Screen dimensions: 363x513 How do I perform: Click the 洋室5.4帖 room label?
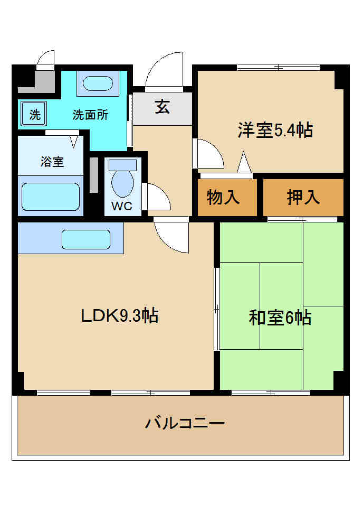tap(275, 130)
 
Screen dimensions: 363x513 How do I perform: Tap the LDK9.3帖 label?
tap(120, 316)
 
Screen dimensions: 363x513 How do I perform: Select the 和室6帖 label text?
tap(280, 318)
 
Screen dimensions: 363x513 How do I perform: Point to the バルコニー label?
tap(185, 423)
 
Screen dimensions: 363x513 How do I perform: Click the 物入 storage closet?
tap(227, 197)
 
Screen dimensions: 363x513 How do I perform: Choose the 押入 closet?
tap(303, 197)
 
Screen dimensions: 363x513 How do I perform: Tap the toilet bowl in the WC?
tap(122, 183)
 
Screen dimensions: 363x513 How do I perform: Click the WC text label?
tap(121, 206)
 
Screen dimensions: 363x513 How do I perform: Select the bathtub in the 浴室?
tap(51, 197)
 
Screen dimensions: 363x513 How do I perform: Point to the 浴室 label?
tap(52, 162)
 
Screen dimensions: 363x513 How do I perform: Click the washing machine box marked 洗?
tap(34, 114)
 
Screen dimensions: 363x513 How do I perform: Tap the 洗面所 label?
tap(90, 115)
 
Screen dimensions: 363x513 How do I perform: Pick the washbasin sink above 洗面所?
tap(98, 83)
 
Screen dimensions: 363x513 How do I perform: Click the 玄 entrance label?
tap(163, 107)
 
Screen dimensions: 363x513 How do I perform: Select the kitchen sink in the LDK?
tap(86, 239)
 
